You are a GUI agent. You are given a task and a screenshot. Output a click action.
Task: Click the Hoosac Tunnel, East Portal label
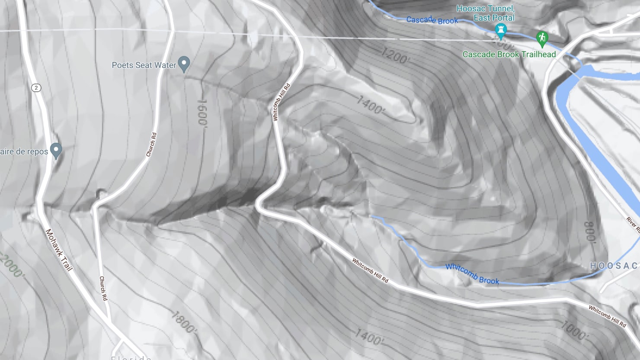tap(486, 13)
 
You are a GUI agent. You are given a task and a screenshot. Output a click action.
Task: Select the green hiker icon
tap(541, 38)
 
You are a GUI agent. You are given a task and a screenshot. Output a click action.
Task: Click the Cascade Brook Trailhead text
tap(509, 55)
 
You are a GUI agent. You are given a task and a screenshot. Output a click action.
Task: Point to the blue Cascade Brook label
tap(432, 20)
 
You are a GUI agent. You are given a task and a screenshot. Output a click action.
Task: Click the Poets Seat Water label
tap(144, 65)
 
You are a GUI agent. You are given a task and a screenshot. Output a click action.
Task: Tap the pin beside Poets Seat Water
tap(184, 64)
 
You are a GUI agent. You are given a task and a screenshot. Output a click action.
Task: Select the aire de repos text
tap(24, 151)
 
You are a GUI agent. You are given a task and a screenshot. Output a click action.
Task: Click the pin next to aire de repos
tap(56, 150)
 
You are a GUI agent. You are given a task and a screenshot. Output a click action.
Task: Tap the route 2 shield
tap(36, 88)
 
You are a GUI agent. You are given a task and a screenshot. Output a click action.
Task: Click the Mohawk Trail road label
tap(58, 250)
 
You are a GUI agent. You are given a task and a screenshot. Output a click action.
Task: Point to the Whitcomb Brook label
tap(472, 273)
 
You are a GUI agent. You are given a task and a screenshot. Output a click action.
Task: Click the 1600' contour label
tap(202, 113)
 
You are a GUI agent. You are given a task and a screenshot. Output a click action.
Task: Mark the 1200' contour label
tap(394, 56)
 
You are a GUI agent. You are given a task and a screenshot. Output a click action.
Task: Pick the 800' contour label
tap(590, 232)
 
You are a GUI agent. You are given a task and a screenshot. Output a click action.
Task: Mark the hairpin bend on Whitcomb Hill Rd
tap(258, 205)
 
